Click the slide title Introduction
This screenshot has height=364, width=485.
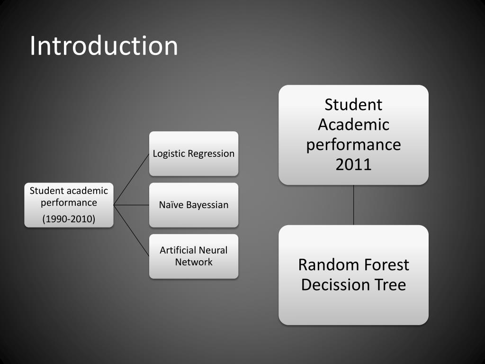tap(104, 46)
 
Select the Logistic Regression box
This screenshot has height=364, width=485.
tap(194, 154)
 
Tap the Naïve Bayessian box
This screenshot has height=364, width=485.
tap(194, 205)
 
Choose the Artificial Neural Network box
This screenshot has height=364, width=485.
tap(194, 256)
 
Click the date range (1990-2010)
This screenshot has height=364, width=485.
tap(69, 219)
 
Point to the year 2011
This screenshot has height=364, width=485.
tap(353, 164)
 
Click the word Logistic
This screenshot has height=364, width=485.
tap(169, 154)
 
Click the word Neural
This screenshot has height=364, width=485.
tap(213, 250)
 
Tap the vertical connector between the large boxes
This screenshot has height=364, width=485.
tap(353, 205)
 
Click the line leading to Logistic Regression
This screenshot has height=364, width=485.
tap(132, 179)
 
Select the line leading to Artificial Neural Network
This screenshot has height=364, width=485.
tap(132, 231)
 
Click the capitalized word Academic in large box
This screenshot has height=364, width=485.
tap(353, 125)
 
